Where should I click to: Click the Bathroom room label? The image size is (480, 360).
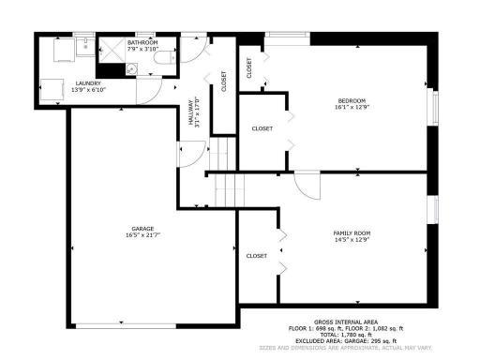pyautogui.click(x=142, y=41)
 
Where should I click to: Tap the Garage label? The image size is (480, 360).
pyautogui.click(x=142, y=228)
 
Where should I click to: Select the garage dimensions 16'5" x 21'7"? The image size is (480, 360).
pyautogui.click(x=142, y=235)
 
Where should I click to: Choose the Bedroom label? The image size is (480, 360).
pyautogui.click(x=352, y=100)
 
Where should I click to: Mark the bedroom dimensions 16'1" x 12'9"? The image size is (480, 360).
pyautogui.click(x=352, y=108)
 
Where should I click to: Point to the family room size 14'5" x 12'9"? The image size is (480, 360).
pyautogui.click(x=352, y=239)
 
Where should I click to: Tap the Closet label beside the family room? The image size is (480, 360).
pyautogui.click(x=256, y=255)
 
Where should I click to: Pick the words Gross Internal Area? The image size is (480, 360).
pyautogui.click(x=346, y=321)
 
